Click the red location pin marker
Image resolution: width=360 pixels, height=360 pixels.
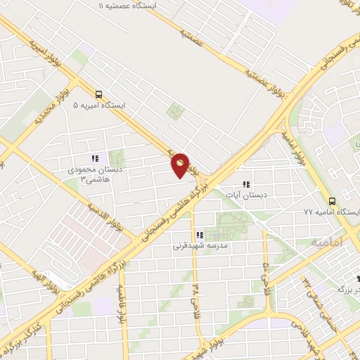tap(181, 165)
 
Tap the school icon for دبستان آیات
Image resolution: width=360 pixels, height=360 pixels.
tap(245, 184)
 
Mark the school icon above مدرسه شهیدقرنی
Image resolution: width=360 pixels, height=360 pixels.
tap(200, 236)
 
